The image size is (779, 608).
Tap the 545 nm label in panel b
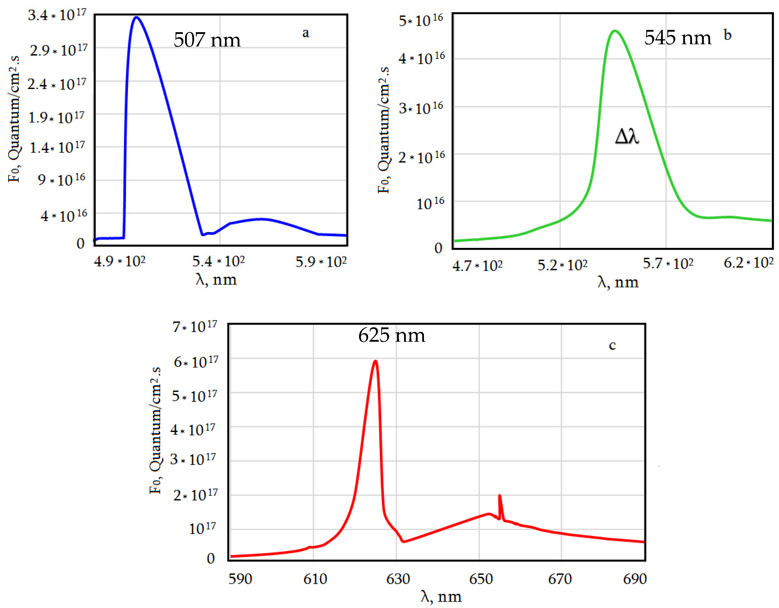677,37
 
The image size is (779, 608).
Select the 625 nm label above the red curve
392,335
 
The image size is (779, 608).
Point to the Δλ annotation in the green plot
627,136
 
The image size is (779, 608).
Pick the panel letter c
612,345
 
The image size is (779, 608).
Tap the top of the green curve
615,31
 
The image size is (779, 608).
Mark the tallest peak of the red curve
375,361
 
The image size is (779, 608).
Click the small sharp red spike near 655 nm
499,496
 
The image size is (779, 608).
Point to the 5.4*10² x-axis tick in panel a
218,262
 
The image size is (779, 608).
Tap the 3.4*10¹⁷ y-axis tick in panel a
57,15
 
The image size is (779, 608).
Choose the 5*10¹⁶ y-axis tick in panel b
421,20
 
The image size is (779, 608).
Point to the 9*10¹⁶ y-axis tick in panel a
62,179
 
